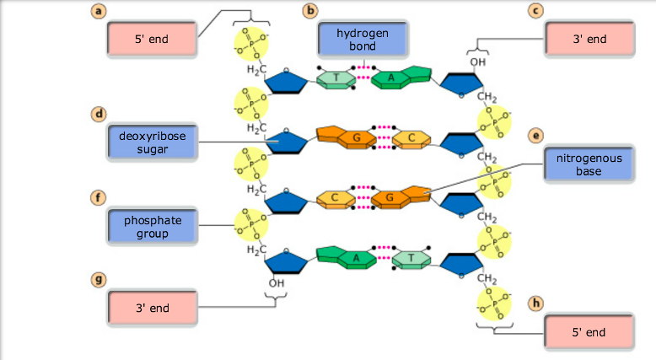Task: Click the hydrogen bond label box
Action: (x=361, y=40)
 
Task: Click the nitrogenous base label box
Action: (x=588, y=164)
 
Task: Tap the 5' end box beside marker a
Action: (x=152, y=40)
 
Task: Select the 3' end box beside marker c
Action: (x=589, y=40)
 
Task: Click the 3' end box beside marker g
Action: (x=152, y=309)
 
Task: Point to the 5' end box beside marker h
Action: (x=589, y=332)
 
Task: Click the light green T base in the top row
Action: (x=336, y=80)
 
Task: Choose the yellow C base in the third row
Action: (x=335, y=198)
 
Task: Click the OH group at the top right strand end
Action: (x=478, y=62)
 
